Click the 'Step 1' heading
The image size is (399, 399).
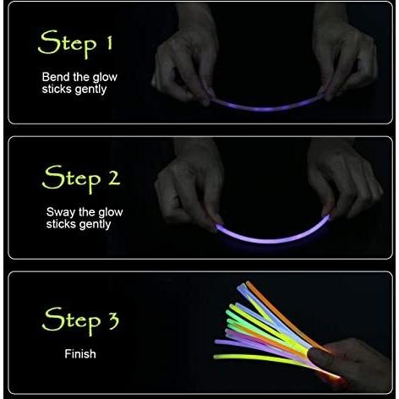tap(75, 44)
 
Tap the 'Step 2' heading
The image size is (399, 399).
tap(81, 178)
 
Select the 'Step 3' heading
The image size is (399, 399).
tap(80, 320)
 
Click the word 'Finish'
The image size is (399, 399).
tap(80, 354)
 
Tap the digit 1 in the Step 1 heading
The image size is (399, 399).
tap(109, 43)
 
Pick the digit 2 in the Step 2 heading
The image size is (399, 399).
tap(113, 178)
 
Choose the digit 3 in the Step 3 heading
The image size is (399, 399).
tap(113, 320)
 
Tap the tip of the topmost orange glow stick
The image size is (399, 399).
tap(248, 282)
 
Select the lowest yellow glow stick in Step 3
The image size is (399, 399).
tap(262, 359)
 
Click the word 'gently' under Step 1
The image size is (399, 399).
tap(91, 90)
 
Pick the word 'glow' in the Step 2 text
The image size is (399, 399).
tap(111, 213)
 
